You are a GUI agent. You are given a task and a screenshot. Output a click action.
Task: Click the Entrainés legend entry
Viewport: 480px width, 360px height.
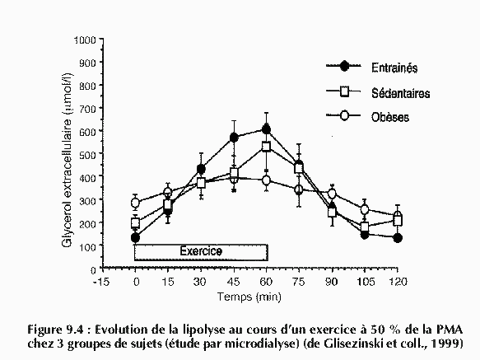[394, 68]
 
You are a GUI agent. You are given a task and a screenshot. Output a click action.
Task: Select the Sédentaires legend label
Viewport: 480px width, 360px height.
[401, 93]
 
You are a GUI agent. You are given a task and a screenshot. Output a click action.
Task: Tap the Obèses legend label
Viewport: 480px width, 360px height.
[390, 117]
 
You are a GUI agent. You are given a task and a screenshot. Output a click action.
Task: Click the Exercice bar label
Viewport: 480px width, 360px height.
[201, 251]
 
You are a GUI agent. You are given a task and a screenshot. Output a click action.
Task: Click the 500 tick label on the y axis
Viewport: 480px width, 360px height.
[88, 154]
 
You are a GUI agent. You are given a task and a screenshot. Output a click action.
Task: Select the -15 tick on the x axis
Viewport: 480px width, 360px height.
[101, 281]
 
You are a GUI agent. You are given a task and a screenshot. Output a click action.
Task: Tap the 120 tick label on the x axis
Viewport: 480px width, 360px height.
[398, 281]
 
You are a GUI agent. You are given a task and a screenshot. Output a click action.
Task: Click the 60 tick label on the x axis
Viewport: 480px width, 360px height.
[266, 281]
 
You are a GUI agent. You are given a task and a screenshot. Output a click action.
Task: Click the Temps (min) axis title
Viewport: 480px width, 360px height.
[249, 297]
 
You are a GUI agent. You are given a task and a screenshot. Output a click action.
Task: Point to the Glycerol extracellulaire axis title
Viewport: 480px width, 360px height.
[68, 161]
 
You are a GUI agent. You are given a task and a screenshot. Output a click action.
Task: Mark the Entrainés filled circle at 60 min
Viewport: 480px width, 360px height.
[266, 129]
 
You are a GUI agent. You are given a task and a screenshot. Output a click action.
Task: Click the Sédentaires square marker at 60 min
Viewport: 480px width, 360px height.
[266, 147]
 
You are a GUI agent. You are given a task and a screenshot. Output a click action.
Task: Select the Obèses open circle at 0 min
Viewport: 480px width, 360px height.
[135, 203]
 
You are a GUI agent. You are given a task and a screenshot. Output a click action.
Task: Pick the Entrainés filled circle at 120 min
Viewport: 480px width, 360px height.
[398, 238]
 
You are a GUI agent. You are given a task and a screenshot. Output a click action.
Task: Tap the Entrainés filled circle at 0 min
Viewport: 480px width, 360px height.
[135, 237]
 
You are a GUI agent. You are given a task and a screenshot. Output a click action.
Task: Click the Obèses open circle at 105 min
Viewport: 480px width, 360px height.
[365, 209]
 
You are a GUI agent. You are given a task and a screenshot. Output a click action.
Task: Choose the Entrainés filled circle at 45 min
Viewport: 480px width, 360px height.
[234, 138]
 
